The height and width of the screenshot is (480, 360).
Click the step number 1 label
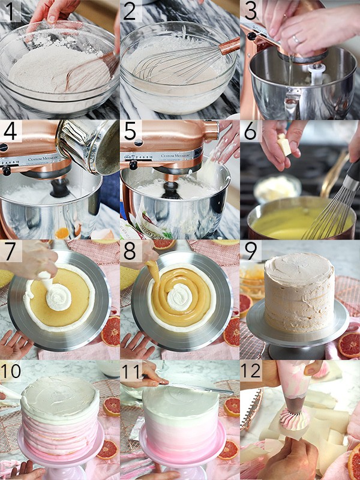[x=10, y=10]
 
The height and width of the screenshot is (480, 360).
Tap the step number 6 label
[x=251, y=130]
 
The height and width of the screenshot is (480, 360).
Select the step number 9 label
[x=251, y=250]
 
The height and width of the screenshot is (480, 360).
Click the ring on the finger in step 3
[x=296, y=40]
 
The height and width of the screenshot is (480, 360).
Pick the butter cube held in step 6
[x=284, y=145]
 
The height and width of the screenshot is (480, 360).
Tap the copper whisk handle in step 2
[x=229, y=46]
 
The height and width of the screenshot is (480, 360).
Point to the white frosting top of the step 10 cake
[x=60, y=391]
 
